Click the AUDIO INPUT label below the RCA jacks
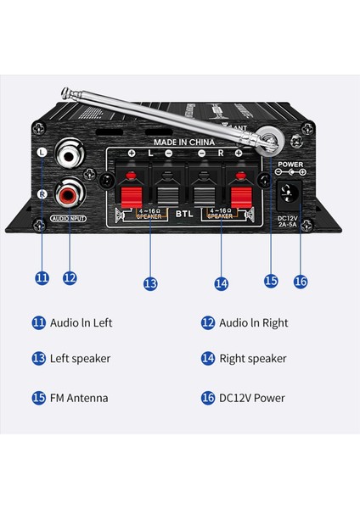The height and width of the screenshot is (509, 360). pyautogui.click(x=69, y=218)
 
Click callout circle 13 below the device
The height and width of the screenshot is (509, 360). pyautogui.click(x=150, y=283)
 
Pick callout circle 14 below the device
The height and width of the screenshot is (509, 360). pyautogui.click(x=222, y=283)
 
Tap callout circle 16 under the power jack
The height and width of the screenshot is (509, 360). pyautogui.click(x=300, y=281)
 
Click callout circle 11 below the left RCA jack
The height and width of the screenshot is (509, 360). pyautogui.click(x=40, y=277)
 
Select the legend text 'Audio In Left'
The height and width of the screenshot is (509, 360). pyautogui.click(x=82, y=322)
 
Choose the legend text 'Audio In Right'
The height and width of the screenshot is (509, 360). pyautogui.click(x=253, y=322)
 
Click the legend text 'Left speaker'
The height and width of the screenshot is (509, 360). pyautogui.click(x=81, y=358)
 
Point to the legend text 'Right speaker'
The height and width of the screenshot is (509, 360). pyautogui.click(x=253, y=358)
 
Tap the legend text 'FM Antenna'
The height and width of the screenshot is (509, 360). pyautogui.click(x=79, y=397)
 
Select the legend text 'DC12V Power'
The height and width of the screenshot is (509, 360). pyautogui.click(x=252, y=397)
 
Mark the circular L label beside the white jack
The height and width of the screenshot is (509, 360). pyautogui.click(x=42, y=153)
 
